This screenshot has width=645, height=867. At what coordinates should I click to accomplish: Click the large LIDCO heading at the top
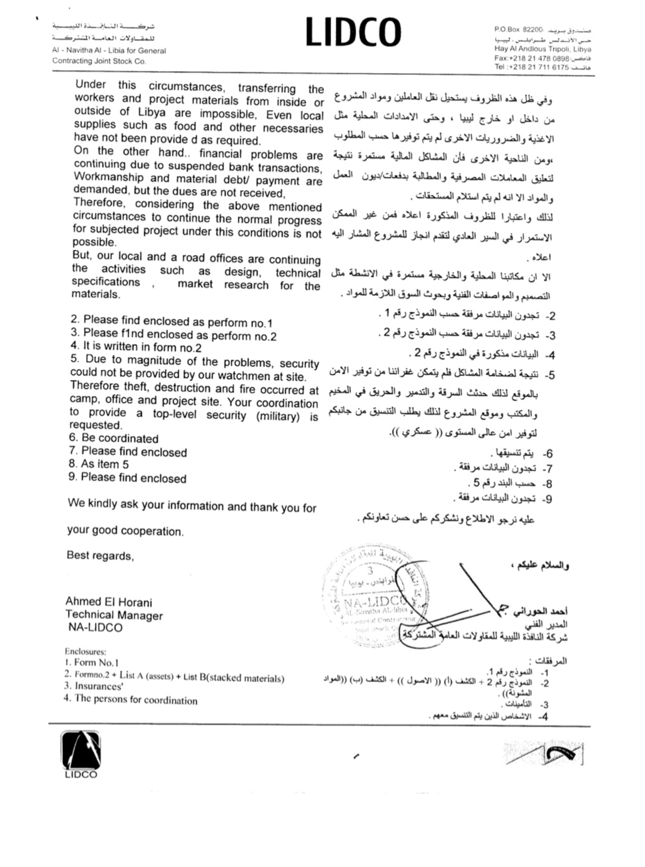point(353,33)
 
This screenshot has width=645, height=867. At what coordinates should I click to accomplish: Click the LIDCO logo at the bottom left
point(81,754)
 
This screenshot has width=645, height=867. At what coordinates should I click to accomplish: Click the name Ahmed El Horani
point(109,602)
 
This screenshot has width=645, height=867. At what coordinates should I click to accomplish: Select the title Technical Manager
point(114,615)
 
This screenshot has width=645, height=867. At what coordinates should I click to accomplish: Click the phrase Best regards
point(100,556)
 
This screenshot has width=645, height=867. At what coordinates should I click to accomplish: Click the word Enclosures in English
point(85,651)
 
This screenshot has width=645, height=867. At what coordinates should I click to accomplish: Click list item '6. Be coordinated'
point(114,438)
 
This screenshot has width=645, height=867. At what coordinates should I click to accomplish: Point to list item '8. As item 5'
point(99,464)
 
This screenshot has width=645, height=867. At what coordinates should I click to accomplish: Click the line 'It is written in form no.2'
point(136,347)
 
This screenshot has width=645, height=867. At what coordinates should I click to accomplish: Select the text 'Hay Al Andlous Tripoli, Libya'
point(543,49)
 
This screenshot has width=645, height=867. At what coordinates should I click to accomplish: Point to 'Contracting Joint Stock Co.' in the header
point(99,61)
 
